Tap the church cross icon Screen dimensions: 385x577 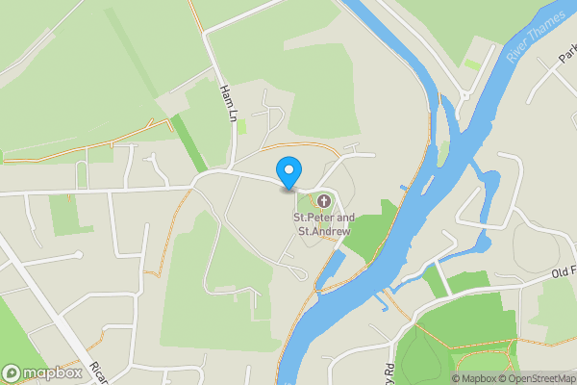point(324,202)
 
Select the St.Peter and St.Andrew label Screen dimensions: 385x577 point(322,224)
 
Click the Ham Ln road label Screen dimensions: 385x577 point(228,102)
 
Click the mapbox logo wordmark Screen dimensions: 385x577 point(44,372)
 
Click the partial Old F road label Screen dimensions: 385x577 point(563,274)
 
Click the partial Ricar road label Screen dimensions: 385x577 point(97,372)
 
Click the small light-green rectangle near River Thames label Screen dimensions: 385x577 point(472,64)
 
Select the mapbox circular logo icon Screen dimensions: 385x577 point(12,372)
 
